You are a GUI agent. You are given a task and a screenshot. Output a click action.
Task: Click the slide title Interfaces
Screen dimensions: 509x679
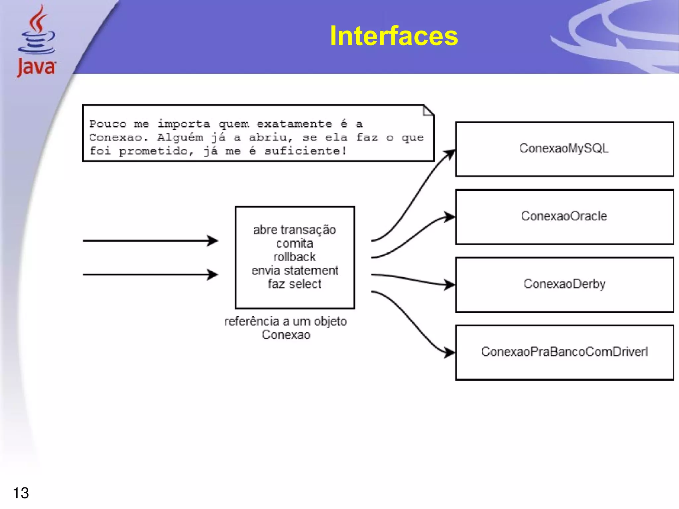click(394, 36)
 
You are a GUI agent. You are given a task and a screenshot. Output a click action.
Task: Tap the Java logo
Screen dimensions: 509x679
click(36, 41)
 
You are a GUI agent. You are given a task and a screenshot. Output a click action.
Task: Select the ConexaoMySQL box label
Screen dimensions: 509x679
click(564, 148)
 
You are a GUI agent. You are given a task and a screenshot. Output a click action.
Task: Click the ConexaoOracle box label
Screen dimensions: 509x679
click(564, 216)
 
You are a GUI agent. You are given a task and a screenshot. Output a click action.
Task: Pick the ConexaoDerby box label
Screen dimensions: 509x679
click(564, 284)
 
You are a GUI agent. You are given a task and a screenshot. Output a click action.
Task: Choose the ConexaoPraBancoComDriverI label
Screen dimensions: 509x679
click(564, 352)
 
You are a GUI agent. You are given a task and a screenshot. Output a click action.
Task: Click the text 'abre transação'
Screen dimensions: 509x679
click(294, 230)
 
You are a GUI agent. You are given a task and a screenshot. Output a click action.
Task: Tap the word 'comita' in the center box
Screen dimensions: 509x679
click(294, 244)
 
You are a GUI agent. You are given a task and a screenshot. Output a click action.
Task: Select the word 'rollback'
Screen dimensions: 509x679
click(294, 257)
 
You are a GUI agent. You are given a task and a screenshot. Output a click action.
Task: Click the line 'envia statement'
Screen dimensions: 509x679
click(295, 271)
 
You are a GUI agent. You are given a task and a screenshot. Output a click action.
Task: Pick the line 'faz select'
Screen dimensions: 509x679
click(294, 284)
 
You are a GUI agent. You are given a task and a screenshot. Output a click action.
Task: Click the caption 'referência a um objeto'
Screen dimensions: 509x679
click(286, 321)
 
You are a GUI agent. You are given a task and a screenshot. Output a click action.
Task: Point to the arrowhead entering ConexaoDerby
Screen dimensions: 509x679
click(450, 285)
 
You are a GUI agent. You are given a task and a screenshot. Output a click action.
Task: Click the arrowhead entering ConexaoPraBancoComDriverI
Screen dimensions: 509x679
click(450, 352)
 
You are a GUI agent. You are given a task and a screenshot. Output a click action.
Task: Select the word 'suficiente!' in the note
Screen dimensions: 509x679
click(305, 151)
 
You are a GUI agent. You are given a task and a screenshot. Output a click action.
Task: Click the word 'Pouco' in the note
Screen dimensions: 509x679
click(108, 124)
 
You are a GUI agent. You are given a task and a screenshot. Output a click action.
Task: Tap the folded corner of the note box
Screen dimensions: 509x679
click(428, 111)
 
